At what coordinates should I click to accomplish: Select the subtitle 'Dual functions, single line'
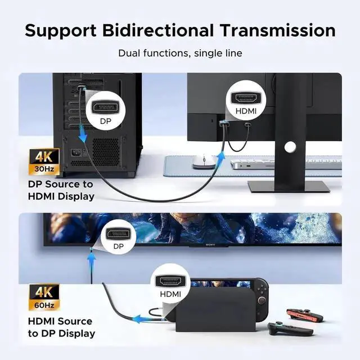pos(180,53)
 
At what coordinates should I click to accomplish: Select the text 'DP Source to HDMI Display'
pos(61,190)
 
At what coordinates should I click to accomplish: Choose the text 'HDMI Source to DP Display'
pos(61,327)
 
